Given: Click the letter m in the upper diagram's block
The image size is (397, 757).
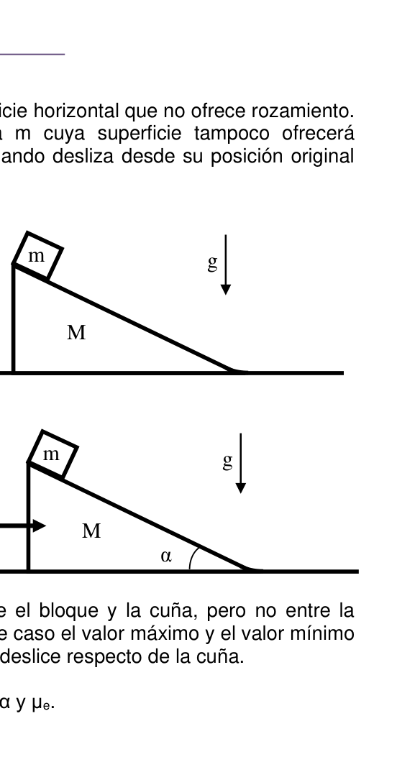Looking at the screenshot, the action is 36,257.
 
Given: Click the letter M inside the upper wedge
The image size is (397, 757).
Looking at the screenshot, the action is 76,333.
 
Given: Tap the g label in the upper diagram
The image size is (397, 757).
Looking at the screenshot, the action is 212,262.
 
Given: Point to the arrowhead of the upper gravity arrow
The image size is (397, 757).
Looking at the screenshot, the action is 226,290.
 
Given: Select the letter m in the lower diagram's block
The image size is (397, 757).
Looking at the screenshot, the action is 51,455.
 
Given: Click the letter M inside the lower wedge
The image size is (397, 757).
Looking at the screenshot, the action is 92,531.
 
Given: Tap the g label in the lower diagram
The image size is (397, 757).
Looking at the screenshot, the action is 228,461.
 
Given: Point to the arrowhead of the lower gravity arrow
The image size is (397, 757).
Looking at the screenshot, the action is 240,488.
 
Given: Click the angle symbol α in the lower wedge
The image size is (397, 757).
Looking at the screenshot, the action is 166,556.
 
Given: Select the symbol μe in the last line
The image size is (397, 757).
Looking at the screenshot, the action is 42,703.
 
